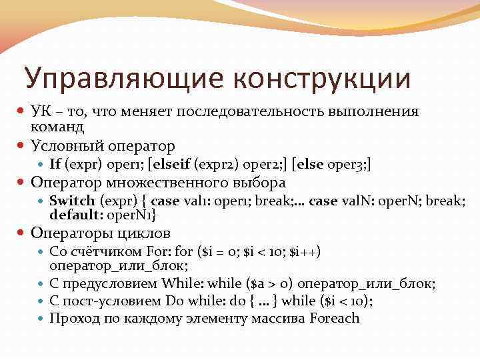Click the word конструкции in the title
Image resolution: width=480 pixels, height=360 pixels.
coord(323,79)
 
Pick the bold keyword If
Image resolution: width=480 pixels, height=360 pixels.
coord(56,163)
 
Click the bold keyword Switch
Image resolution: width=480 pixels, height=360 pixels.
coord(72,200)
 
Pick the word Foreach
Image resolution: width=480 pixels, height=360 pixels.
coord(335,318)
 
